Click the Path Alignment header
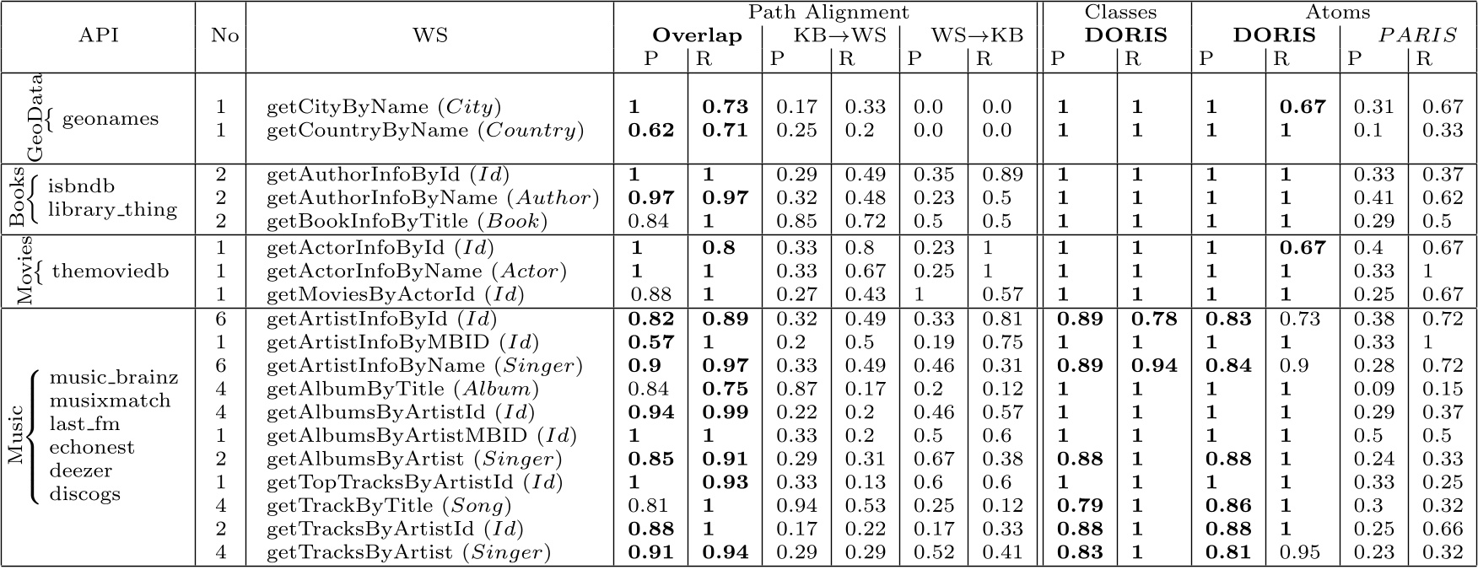(827, 12)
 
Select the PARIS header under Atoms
(1416, 35)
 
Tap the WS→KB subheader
(976, 35)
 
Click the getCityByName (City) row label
(384, 107)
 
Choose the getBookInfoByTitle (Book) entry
(407, 221)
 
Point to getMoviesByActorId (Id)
(395, 294)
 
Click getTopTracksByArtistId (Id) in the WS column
(414, 482)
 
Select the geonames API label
(110, 118)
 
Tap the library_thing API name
(112, 209)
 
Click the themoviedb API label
(111, 271)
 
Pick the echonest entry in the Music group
(92, 447)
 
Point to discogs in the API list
(84, 494)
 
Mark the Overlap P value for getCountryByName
(651, 131)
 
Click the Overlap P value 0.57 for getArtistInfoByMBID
(651, 342)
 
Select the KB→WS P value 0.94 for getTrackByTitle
(796, 506)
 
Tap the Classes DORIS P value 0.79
(1080, 506)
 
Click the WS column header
(429, 35)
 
